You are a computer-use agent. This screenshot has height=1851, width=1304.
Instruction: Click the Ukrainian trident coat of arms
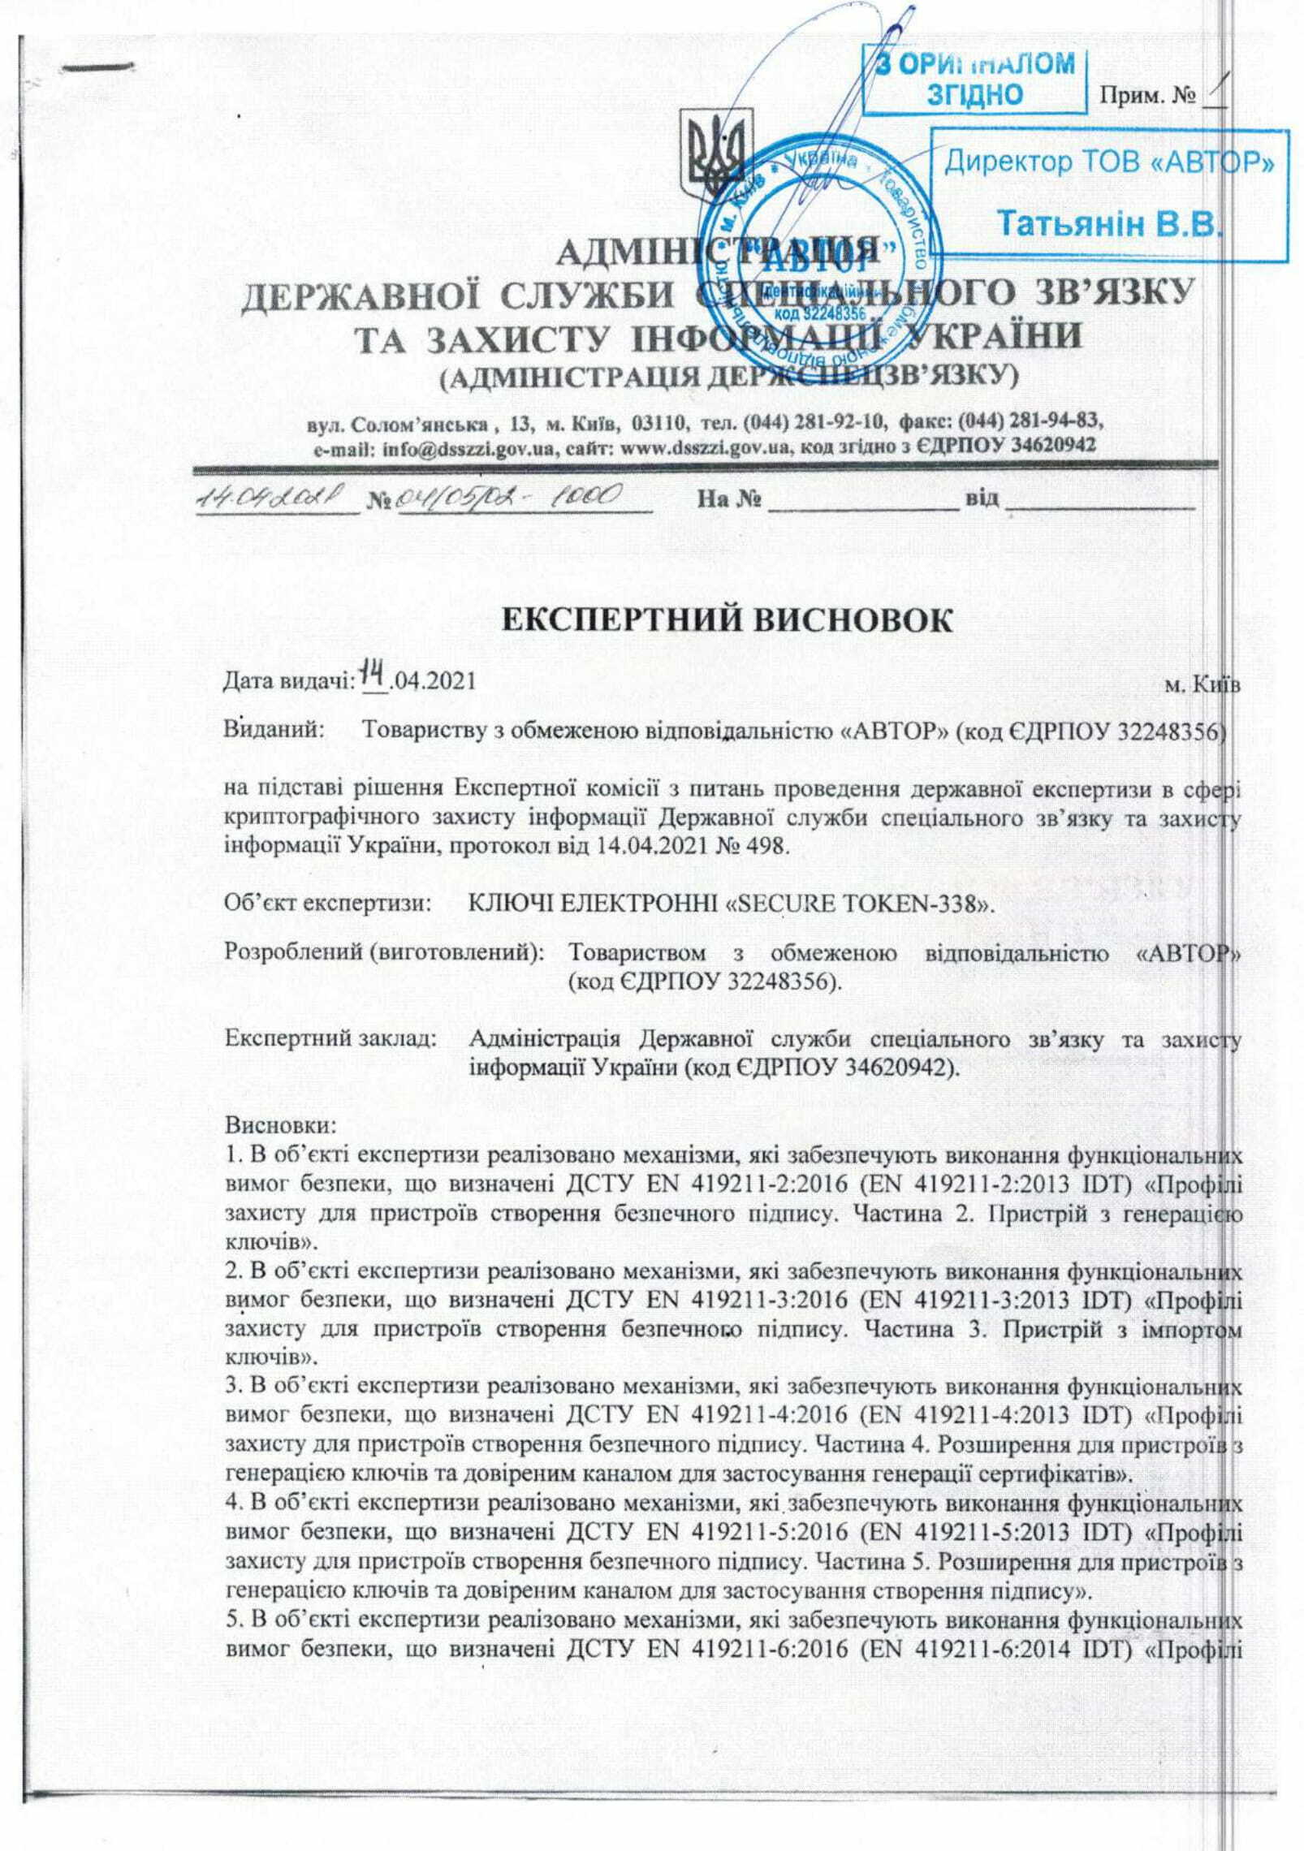(x=715, y=159)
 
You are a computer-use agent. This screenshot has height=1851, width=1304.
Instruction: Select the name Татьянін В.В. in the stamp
(x=1109, y=223)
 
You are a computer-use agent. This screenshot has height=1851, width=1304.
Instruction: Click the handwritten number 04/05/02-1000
(x=509, y=494)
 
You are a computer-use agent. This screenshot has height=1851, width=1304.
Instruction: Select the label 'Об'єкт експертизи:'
(x=327, y=903)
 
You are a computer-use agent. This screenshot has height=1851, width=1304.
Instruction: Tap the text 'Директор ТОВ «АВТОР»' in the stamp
(x=1109, y=162)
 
